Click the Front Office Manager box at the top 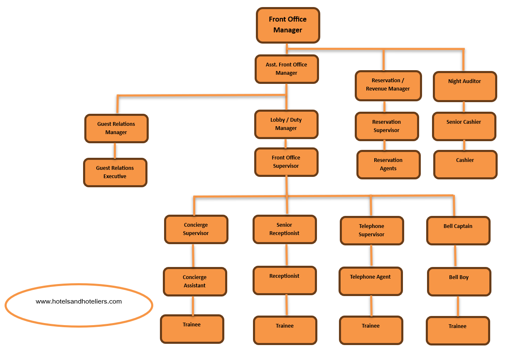pyautogui.click(x=288, y=25)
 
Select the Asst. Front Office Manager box pyautogui.click(x=286, y=69)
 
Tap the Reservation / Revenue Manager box pyautogui.click(x=388, y=85)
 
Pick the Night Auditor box pyautogui.click(x=464, y=86)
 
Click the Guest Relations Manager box pyautogui.click(x=116, y=128)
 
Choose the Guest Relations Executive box pyautogui.click(x=115, y=172)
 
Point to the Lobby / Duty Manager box pyautogui.click(x=286, y=124)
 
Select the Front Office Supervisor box pyautogui.click(x=286, y=162)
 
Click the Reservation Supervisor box pyautogui.click(x=387, y=126)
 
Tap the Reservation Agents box pyautogui.click(x=388, y=164)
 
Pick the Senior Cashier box pyautogui.click(x=464, y=126)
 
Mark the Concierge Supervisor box pyautogui.click(x=196, y=229)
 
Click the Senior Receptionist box pyautogui.click(x=285, y=229)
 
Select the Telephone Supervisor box pyautogui.click(x=372, y=230)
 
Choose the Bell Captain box pyautogui.click(x=458, y=230)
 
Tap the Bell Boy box pyautogui.click(x=459, y=281)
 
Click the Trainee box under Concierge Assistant pyautogui.click(x=192, y=329)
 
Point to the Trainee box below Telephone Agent pyautogui.click(x=371, y=330)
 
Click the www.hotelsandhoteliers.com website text pyautogui.click(x=79, y=302)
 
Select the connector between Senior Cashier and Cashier pyautogui.click(x=464, y=145)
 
